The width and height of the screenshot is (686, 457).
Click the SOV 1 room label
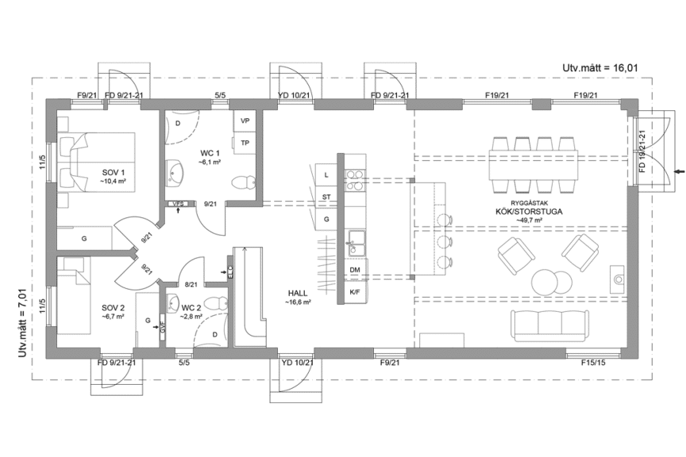[x=114, y=172]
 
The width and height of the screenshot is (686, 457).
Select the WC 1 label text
[x=209, y=152]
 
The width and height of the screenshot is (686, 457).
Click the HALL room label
[x=298, y=293]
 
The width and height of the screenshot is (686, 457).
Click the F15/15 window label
[x=593, y=363]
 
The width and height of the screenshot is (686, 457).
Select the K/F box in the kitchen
[x=354, y=293]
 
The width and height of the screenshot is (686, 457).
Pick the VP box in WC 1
[x=245, y=121]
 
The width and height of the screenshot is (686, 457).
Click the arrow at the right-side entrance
[x=676, y=171]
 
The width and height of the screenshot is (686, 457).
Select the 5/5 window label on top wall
[x=220, y=96]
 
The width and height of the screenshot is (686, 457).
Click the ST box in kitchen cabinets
[x=326, y=196]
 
